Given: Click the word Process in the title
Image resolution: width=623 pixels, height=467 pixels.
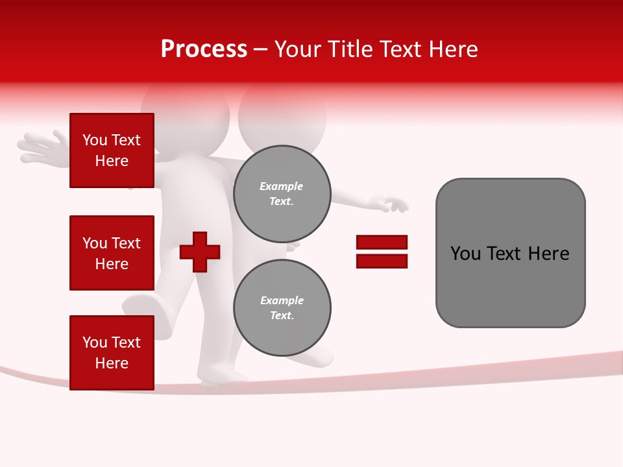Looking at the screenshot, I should (x=204, y=49).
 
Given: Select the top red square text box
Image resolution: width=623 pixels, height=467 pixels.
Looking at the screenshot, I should (x=112, y=150).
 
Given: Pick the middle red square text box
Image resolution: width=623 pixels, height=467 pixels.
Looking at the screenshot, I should (x=112, y=253).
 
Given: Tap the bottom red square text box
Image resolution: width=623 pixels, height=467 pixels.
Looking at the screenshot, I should (x=112, y=353).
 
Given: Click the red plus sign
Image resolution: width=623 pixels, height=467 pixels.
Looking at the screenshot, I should (x=200, y=252).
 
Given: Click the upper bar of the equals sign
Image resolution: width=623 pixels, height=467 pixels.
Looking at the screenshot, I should (x=382, y=242).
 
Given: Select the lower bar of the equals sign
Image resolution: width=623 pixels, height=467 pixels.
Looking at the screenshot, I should (x=382, y=261).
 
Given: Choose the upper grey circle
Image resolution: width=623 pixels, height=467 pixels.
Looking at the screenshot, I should (x=282, y=194).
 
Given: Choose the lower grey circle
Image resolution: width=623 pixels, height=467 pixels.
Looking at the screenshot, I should (x=282, y=308).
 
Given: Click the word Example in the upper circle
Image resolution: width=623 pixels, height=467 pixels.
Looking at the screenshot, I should (x=281, y=186).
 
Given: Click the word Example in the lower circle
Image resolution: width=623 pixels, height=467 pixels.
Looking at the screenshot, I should (x=281, y=300).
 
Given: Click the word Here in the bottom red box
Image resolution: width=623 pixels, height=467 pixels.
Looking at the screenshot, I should (x=112, y=363).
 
